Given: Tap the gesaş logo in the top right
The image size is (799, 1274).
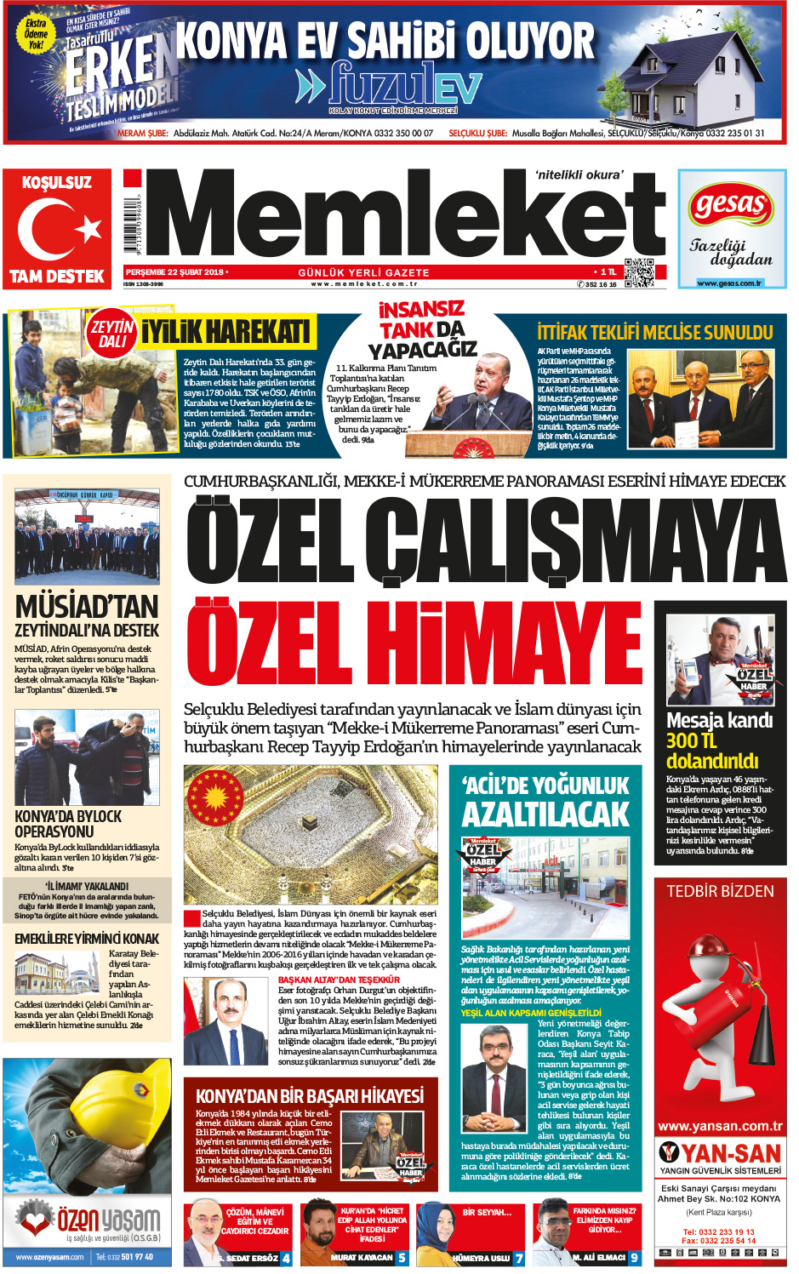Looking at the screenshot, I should click(x=730, y=205).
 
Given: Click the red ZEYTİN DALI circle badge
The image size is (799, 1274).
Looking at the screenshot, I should click(x=112, y=333).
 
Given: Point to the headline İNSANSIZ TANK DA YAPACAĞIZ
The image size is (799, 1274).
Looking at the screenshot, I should click(x=422, y=329).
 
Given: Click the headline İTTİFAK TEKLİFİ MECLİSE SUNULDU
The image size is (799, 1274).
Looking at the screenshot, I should click(x=654, y=332).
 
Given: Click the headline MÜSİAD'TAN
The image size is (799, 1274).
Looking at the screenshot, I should click(x=87, y=607).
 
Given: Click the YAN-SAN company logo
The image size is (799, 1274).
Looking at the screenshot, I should click(x=720, y=1153).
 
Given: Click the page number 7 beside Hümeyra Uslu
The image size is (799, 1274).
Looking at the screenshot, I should click(x=519, y=1257).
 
